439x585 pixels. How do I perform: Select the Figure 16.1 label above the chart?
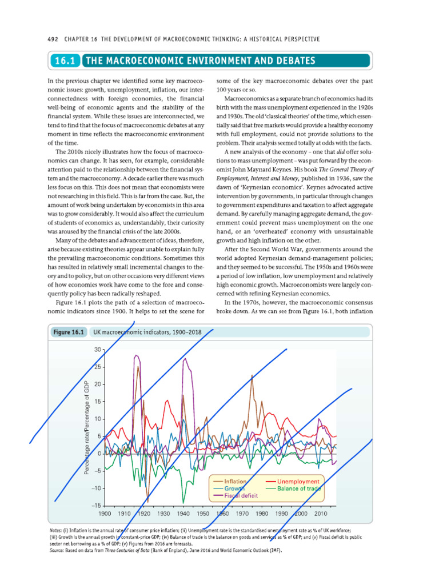pyautogui.click(x=69, y=332)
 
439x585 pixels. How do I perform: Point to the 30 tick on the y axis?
pyautogui.click(x=97, y=349)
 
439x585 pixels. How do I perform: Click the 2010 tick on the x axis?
pyautogui.click(x=320, y=514)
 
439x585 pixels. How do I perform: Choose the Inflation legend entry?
pyautogui.click(x=236, y=482)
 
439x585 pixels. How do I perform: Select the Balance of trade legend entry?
pyautogui.click(x=298, y=488)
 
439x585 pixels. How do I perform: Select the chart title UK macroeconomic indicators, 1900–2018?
pyautogui.click(x=151, y=332)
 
